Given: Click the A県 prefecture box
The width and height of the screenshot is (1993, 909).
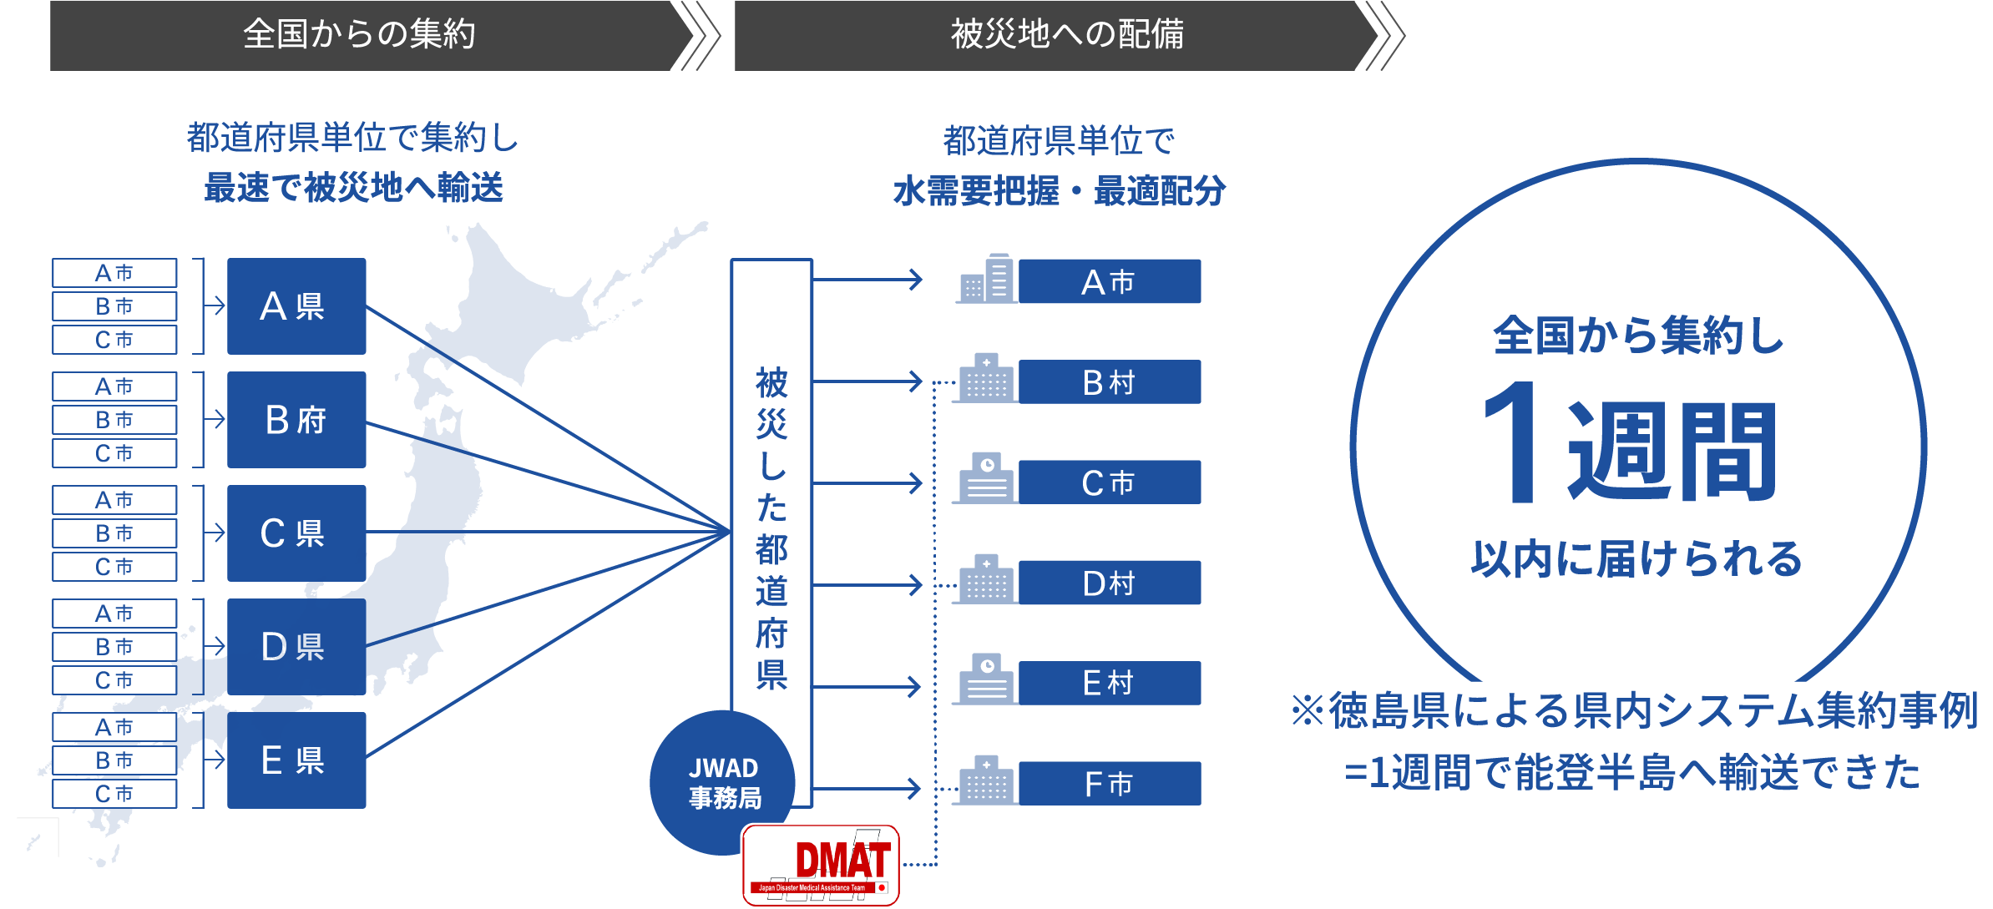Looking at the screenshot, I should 296,306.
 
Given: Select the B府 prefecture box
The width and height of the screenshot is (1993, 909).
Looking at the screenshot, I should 296,420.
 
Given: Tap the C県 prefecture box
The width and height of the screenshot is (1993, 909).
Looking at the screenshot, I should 296,533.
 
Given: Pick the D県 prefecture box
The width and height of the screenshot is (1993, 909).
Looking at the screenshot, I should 296,647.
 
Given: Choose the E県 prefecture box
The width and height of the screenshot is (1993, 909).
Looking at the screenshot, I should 296,760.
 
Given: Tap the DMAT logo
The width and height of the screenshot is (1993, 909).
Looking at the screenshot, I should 821,865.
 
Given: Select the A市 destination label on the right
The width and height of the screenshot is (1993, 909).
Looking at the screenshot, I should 1109,282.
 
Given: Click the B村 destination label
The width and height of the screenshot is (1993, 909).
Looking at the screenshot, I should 1109,382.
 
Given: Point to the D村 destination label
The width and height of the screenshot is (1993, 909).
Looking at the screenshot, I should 1109,583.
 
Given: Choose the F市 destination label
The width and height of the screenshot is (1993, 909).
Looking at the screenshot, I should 1109,784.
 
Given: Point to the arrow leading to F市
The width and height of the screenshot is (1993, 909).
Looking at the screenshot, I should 868,788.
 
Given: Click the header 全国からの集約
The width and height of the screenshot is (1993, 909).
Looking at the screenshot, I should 360,35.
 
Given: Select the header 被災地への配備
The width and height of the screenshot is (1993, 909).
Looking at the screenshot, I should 1067,35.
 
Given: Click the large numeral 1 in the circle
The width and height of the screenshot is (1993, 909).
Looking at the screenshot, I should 1513,442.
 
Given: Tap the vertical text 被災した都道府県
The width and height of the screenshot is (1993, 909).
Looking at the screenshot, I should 771,528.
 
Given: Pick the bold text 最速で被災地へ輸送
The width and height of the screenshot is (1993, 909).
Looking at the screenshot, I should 354,188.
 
